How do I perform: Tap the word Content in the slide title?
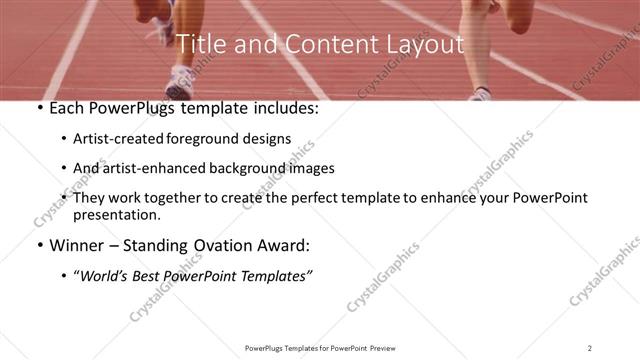pyautogui.click(x=321, y=44)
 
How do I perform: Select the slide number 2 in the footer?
pyautogui.click(x=590, y=347)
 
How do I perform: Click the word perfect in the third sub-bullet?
pyautogui.click(x=315, y=198)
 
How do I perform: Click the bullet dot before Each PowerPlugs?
pyautogui.click(x=38, y=108)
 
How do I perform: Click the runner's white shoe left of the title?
pyautogui.click(x=181, y=78)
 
